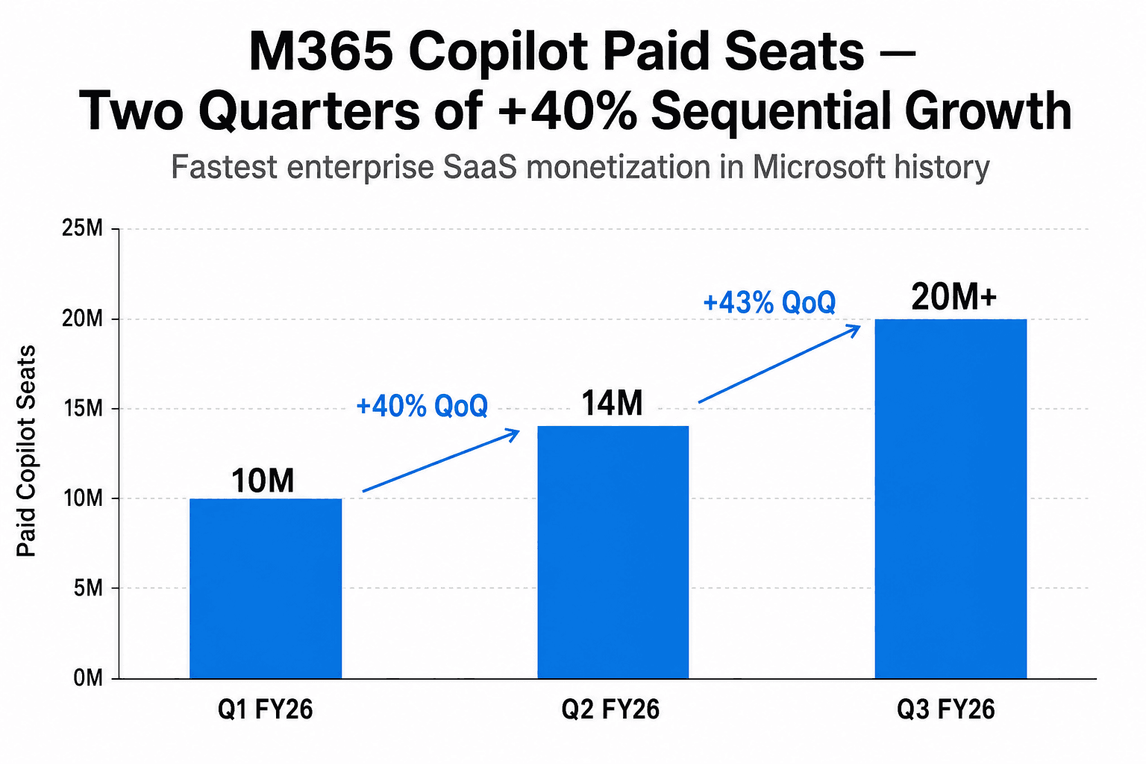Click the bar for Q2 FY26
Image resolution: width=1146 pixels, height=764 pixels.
pos(613,552)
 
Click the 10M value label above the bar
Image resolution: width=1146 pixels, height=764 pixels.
pos(263,481)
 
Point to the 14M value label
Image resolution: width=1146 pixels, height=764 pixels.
pos(612,404)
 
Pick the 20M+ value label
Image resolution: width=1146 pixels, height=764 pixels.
pos(954,298)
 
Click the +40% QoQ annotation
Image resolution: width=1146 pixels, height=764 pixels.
pos(422,407)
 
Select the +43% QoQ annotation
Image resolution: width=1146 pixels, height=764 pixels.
pos(769,303)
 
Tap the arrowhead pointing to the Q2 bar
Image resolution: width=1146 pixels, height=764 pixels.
pos(513,432)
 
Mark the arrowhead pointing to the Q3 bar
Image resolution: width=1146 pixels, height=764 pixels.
pos(855,328)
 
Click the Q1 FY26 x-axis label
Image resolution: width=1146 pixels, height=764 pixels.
pos(265,710)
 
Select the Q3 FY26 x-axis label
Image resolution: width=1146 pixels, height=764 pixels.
pos(945,710)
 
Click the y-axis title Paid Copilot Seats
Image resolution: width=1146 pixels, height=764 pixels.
pos(27,451)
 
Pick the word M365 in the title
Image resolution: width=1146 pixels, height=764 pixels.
pos(321,52)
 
